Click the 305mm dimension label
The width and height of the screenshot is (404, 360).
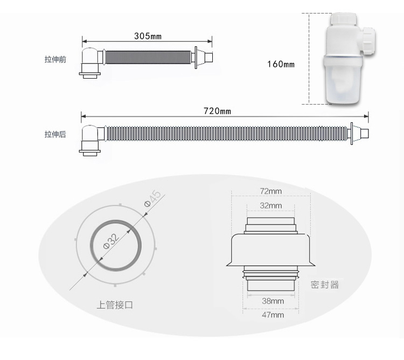[x=148, y=36]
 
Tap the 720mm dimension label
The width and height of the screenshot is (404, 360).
[x=217, y=111]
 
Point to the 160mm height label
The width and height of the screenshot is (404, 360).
[x=281, y=64]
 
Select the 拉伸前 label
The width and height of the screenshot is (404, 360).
[x=55, y=59]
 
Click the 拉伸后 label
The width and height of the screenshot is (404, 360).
[x=55, y=134]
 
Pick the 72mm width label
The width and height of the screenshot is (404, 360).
[x=271, y=191]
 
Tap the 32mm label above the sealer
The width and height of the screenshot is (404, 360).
[x=271, y=206]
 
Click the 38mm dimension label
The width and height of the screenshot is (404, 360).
[x=273, y=301]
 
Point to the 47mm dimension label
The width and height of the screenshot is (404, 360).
[x=273, y=315]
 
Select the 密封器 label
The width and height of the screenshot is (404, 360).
[x=325, y=285]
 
